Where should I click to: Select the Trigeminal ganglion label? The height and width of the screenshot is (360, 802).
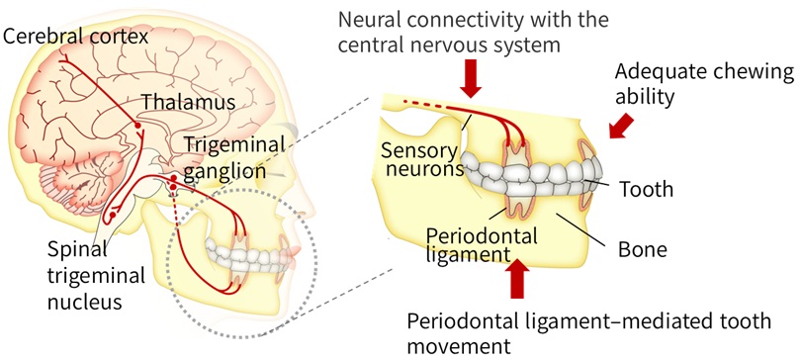[x=233, y=157]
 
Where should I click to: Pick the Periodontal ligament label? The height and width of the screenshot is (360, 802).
[x=482, y=247]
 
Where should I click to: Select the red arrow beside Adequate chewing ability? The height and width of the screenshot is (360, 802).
[x=624, y=126]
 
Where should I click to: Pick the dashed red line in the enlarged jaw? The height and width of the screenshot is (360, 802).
[x=420, y=103]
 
